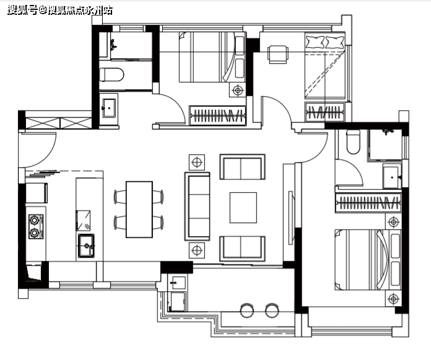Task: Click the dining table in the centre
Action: pyautogui.click(x=139, y=209)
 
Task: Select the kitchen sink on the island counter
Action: pyautogui.click(x=86, y=245)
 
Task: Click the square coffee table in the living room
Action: pyautogui.click(x=243, y=208)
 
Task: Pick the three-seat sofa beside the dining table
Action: pyautogui.click(x=198, y=206)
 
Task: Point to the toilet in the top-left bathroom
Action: pyautogui.click(x=111, y=74)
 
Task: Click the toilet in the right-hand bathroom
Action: pyautogui.click(x=353, y=142)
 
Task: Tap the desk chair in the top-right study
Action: pyautogui.click(x=278, y=54)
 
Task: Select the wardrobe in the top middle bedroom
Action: pyautogui.click(x=217, y=115)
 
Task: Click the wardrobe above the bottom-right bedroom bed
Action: pyautogui.click(x=368, y=203)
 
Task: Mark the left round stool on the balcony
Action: pyautogui.click(x=246, y=310)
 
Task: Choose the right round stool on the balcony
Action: pyautogui.click(x=272, y=310)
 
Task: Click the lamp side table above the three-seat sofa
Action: pyautogui.click(x=197, y=162)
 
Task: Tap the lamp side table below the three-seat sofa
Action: pyautogui.click(x=197, y=250)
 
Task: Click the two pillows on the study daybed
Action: pyautogui.click(x=325, y=42)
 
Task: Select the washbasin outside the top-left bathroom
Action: pyautogui.click(x=109, y=108)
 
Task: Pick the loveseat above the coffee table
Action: pyautogui.click(x=243, y=167)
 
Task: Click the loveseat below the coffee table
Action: pyautogui.click(x=243, y=248)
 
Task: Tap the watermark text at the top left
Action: pyautogui.click(x=60, y=11)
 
